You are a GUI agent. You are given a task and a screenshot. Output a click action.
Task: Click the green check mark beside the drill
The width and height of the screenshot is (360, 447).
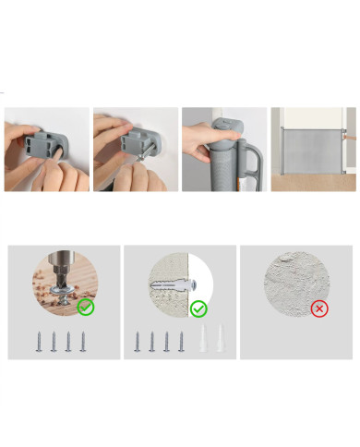pos(86,307)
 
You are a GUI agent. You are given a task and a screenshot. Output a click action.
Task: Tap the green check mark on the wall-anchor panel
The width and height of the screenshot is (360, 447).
pos(198,308)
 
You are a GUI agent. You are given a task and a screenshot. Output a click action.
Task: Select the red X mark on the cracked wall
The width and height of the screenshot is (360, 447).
pos(319,308)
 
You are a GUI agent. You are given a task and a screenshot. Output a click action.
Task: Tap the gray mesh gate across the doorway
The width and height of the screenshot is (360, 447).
pos(312,148)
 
